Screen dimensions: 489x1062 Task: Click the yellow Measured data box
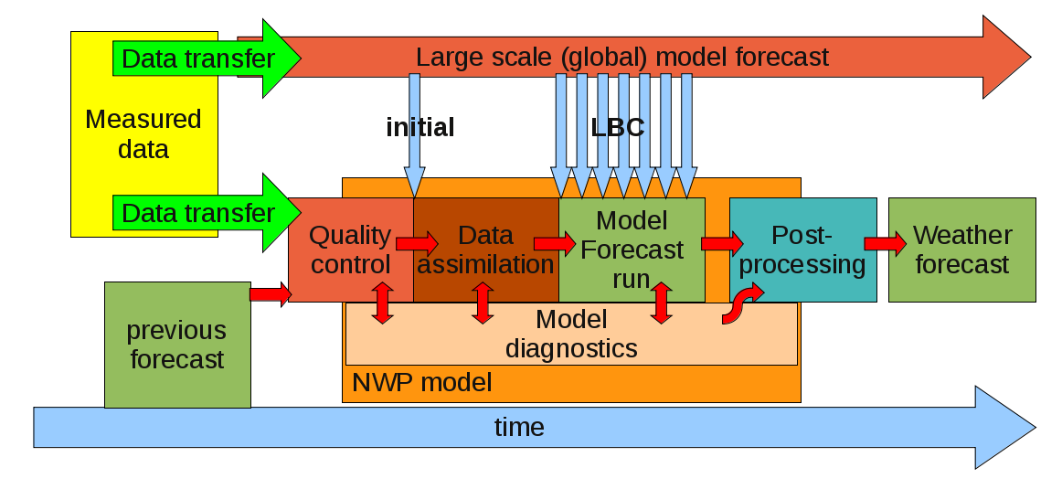[x=143, y=134]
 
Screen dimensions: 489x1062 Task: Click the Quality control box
[x=349, y=250]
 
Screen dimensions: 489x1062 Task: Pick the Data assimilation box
[x=485, y=250]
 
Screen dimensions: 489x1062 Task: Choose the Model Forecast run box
[x=632, y=250]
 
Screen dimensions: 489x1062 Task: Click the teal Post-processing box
[x=802, y=250]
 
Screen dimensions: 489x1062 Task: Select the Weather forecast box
[x=961, y=250]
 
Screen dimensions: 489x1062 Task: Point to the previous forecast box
[x=177, y=345]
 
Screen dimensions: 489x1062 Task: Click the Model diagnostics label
[x=571, y=334]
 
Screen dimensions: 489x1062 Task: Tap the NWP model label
[x=421, y=382]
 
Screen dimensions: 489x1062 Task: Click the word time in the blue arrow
[x=519, y=427]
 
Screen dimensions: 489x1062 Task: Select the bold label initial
[x=419, y=127]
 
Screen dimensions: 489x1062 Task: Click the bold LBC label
[x=618, y=127]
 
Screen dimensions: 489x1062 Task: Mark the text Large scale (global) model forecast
[x=621, y=57]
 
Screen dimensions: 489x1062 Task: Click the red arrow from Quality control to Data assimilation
[x=417, y=243]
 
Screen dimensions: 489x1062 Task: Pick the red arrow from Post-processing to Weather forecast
[x=885, y=243]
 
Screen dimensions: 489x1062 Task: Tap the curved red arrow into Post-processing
[x=742, y=303]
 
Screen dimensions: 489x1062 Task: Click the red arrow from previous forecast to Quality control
[x=270, y=293]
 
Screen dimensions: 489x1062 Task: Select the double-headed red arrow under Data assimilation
[x=483, y=303]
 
